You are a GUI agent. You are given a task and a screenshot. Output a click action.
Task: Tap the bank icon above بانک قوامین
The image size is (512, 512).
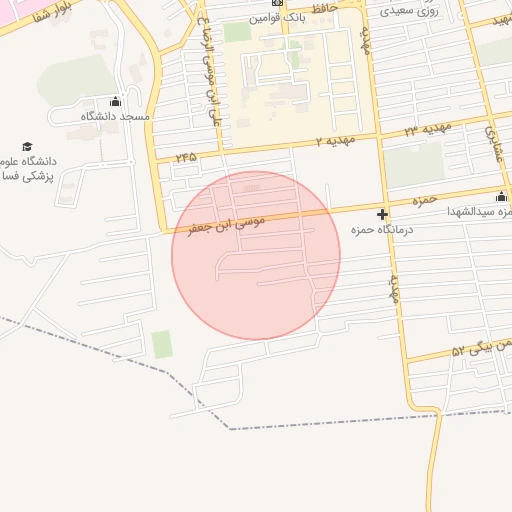[277, 3]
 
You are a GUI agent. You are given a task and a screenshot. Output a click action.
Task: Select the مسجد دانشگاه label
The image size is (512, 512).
[115, 116]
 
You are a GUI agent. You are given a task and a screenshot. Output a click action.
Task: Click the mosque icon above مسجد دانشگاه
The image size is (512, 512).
[115, 101]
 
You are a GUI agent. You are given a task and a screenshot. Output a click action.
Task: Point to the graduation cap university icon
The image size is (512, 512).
[27, 146]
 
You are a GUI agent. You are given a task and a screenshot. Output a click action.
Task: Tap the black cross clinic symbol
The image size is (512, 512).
[382, 214]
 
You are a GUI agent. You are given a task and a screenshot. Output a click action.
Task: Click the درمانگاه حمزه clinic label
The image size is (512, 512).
[369, 230]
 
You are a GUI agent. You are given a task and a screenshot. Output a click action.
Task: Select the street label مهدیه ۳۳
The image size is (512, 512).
[428, 129]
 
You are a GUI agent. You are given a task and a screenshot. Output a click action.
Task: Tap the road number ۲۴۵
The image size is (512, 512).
[186, 157]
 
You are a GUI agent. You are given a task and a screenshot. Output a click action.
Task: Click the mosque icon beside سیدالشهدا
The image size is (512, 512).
[501, 196]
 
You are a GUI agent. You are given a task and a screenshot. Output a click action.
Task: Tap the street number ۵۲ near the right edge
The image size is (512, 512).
[459, 351]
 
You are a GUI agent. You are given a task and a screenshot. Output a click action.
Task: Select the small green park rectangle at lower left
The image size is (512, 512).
[162, 344]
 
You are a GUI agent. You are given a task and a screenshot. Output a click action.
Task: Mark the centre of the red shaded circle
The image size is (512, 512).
[256, 255]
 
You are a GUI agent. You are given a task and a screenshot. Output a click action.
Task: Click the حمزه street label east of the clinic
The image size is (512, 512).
[426, 201]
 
